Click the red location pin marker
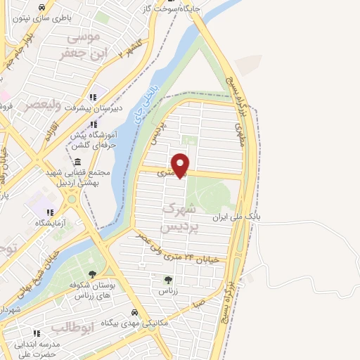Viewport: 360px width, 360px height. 181,165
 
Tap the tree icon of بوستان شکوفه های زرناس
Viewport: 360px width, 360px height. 92,274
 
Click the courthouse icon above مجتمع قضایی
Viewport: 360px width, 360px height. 77,162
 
